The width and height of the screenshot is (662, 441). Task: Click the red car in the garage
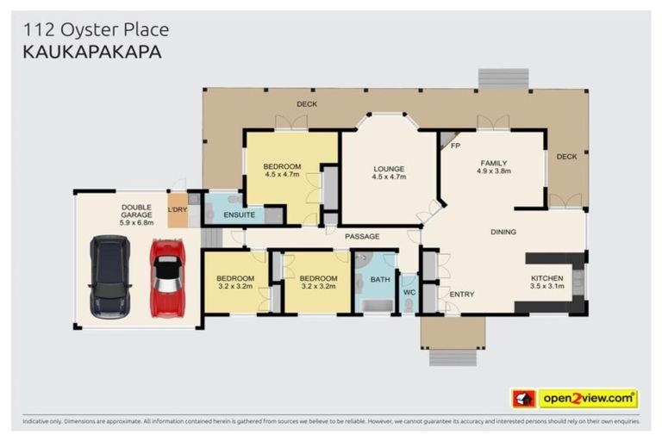pyautogui.click(x=167, y=277)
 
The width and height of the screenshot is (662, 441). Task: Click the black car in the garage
pyautogui.click(x=110, y=276)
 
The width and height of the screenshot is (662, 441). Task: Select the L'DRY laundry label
pyautogui.click(x=178, y=209)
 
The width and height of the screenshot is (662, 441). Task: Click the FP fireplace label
pyautogui.click(x=456, y=146)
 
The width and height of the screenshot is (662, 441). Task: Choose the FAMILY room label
pyautogui.click(x=493, y=163)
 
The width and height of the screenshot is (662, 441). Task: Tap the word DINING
pyautogui.click(x=503, y=232)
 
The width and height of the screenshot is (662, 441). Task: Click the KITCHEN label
pyautogui.click(x=546, y=278)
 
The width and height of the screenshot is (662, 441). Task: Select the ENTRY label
pyautogui.click(x=462, y=295)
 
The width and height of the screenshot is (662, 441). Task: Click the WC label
pyautogui.click(x=409, y=291)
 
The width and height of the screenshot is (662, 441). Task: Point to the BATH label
pyautogui.click(x=380, y=279)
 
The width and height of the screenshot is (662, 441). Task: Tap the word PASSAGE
pyautogui.click(x=362, y=235)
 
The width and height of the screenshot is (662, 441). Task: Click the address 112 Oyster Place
pyautogui.click(x=95, y=30)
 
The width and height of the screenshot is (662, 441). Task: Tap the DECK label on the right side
pyautogui.click(x=565, y=157)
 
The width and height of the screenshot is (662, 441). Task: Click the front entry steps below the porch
pyautogui.click(x=453, y=357)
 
